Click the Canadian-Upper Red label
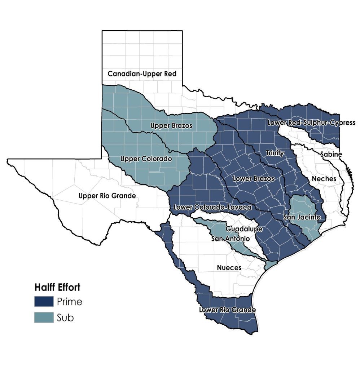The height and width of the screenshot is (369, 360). pyautogui.click(x=142, y=74)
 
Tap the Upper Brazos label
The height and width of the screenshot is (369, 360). pyautogui.click(x=171, y=126)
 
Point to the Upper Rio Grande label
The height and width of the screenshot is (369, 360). pyautogui.click(x=107, y=196)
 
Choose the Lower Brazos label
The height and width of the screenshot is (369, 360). pyautogui.click(x=254, y=178)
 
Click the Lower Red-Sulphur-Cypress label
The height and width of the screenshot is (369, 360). pyautogui.click(x=311, y=123)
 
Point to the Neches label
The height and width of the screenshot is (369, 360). pyautogui.click(x=324, y=179)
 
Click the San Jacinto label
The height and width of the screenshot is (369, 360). pyautogui.click(x=302, y=217)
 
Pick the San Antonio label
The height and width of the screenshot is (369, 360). pyautogui.click(x=230, y=239)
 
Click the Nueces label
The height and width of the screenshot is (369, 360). pyautogui.click(x=229, y=268)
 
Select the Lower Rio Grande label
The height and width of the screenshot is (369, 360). pyautogui.click(x=227, y=310)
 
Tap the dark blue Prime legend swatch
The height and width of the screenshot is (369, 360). pyautogui.click(x=44, y=301)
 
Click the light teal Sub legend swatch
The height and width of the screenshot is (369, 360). pyautogui.click(x=44, y=317)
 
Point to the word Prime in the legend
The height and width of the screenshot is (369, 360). pyautogui.click(x=69, y=301)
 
